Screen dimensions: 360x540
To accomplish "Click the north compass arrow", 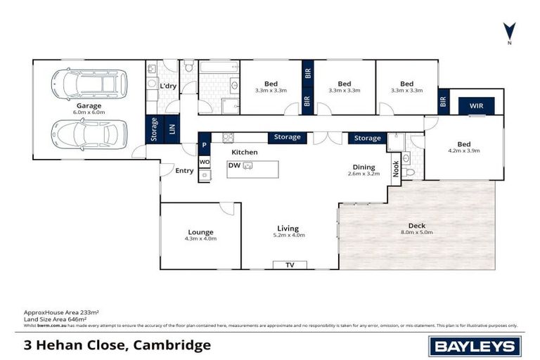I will [x=509, y=31].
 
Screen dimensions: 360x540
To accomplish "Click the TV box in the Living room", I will [x=289, y=264].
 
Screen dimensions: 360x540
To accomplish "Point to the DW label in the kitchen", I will [x=234, y=166].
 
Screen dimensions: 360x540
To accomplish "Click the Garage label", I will [x=89, y=105].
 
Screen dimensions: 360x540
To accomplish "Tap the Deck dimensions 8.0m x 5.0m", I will [x=416, y=232].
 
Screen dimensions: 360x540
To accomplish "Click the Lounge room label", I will [x=200, y=232].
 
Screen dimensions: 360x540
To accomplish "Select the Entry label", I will [x=184, y=170].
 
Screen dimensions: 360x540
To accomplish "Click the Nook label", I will [x=395, y=169].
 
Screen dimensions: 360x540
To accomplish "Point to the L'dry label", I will [x=168, y=86].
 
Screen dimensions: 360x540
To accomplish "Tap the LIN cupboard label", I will [x=172, y=129].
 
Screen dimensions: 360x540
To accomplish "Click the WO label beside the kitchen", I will [x=205, y=162].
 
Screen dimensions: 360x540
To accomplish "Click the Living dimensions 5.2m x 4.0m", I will [x=288, y=235].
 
